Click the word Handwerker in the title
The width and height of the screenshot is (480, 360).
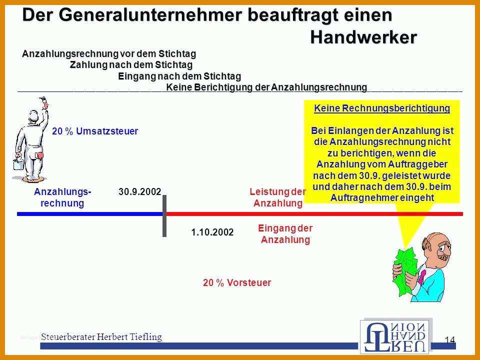coord(363,37)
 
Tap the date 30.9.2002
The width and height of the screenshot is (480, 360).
coord(139,191)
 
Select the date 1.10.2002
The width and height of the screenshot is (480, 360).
coord(212,232)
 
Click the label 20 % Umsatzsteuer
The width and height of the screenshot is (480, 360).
coord(95,131)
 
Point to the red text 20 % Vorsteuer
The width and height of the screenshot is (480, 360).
coord(237,282)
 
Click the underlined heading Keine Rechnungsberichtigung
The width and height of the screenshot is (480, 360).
coord(382,108)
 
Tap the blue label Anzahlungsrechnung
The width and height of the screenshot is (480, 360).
coord(63,197)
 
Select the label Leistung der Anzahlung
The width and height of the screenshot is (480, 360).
coord(277,197)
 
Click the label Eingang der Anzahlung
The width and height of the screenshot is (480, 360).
coord(285,233)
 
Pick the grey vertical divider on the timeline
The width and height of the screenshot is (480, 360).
coord(164,216)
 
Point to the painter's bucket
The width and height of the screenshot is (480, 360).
coord(18,163)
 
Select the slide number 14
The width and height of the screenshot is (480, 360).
coord(449,340)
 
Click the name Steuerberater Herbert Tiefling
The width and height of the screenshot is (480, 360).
coord(101,336)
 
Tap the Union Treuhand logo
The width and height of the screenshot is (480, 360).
coord(396,336)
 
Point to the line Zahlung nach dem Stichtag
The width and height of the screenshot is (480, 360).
coord(131,65)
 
